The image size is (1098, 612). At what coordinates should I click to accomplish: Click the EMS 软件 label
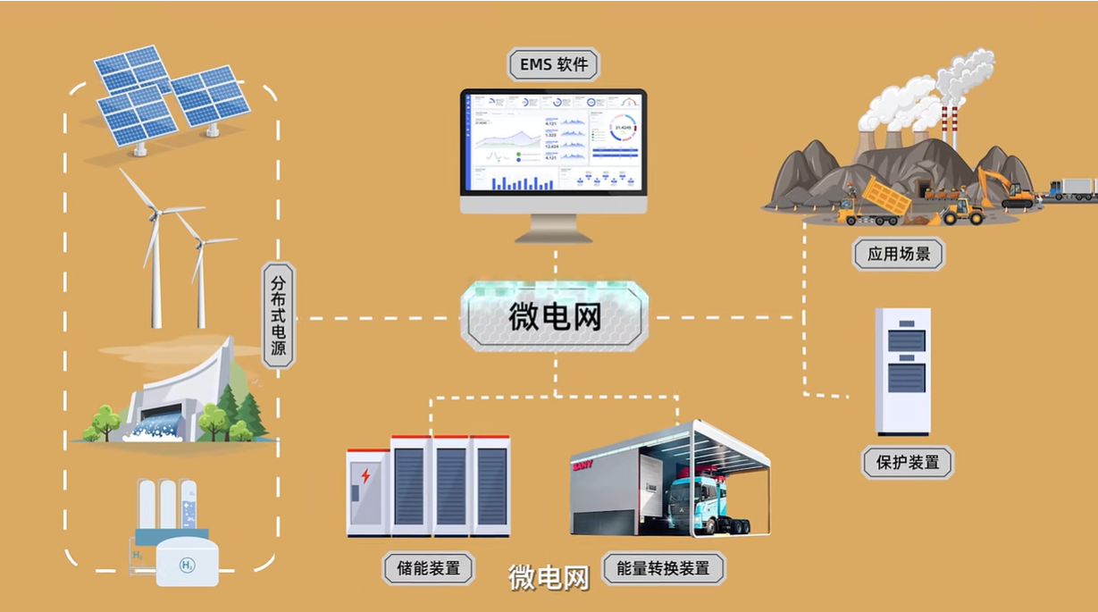click(x=553, y=64)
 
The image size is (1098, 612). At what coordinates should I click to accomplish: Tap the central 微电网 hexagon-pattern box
click(x=554, y=315)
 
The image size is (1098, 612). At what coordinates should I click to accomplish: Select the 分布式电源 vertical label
click(x=279, y=315)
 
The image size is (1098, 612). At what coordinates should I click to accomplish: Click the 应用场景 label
click(x=898, y=254)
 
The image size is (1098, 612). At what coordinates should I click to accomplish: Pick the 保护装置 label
click(x=907, y=463)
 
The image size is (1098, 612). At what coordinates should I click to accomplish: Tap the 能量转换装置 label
click(x=663, y=567)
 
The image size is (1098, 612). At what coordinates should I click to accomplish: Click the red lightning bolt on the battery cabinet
click(x=365, y=475)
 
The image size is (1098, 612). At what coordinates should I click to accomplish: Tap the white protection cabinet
click(x=902, y=371)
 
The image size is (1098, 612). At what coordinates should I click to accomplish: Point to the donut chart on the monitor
click(x=624, y=130)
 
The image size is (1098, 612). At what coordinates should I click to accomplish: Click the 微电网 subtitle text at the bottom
click(x=549, y=578)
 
